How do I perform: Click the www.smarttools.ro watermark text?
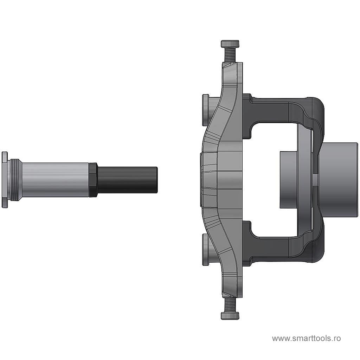click(306, 338)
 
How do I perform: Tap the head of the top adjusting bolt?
click(230, 44)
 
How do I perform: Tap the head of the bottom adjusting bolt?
click(230, 316)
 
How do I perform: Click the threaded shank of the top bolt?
click(230, 54)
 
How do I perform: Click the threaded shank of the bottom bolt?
click(230, 305)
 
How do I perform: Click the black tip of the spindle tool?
click(127, 180)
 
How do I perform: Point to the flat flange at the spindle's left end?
click(5, 180)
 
